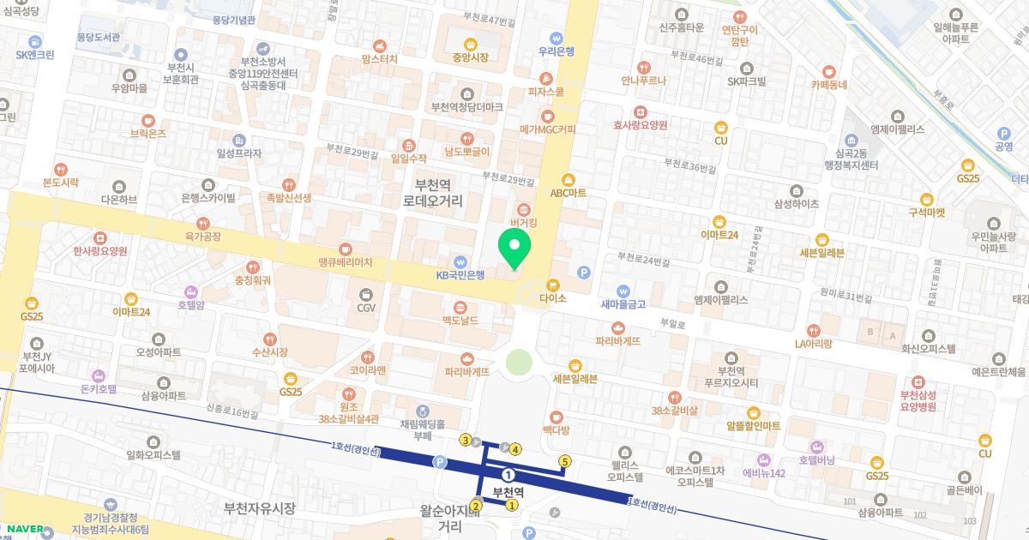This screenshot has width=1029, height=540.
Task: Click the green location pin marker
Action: click(514, 249)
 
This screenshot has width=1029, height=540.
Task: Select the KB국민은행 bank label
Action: click(460, 274)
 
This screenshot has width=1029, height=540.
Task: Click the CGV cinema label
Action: click(366, 307)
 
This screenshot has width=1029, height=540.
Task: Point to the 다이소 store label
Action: click(553, 297)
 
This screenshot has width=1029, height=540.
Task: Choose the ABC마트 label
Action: click(568, 193)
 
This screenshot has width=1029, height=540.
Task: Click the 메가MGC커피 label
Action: click(547, 129)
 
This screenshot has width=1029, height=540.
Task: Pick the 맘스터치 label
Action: click(379, 60)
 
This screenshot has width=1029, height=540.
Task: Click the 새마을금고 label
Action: click(623, 303)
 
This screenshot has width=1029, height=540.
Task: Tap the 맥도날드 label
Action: click(460, 320)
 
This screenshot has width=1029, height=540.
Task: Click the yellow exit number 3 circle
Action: click(466, 441)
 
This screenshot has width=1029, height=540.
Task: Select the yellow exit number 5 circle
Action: click(564, 462)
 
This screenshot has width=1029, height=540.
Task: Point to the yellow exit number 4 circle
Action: click(515, 449)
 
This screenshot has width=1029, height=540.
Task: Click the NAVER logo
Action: click(27, 529)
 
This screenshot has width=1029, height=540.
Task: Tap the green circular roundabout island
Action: click(519, 363)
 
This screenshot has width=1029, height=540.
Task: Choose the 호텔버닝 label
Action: click(816, 459)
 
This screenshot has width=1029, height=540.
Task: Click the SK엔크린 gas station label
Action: click(35, 53)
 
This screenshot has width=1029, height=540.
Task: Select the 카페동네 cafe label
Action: click(828, 84)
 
